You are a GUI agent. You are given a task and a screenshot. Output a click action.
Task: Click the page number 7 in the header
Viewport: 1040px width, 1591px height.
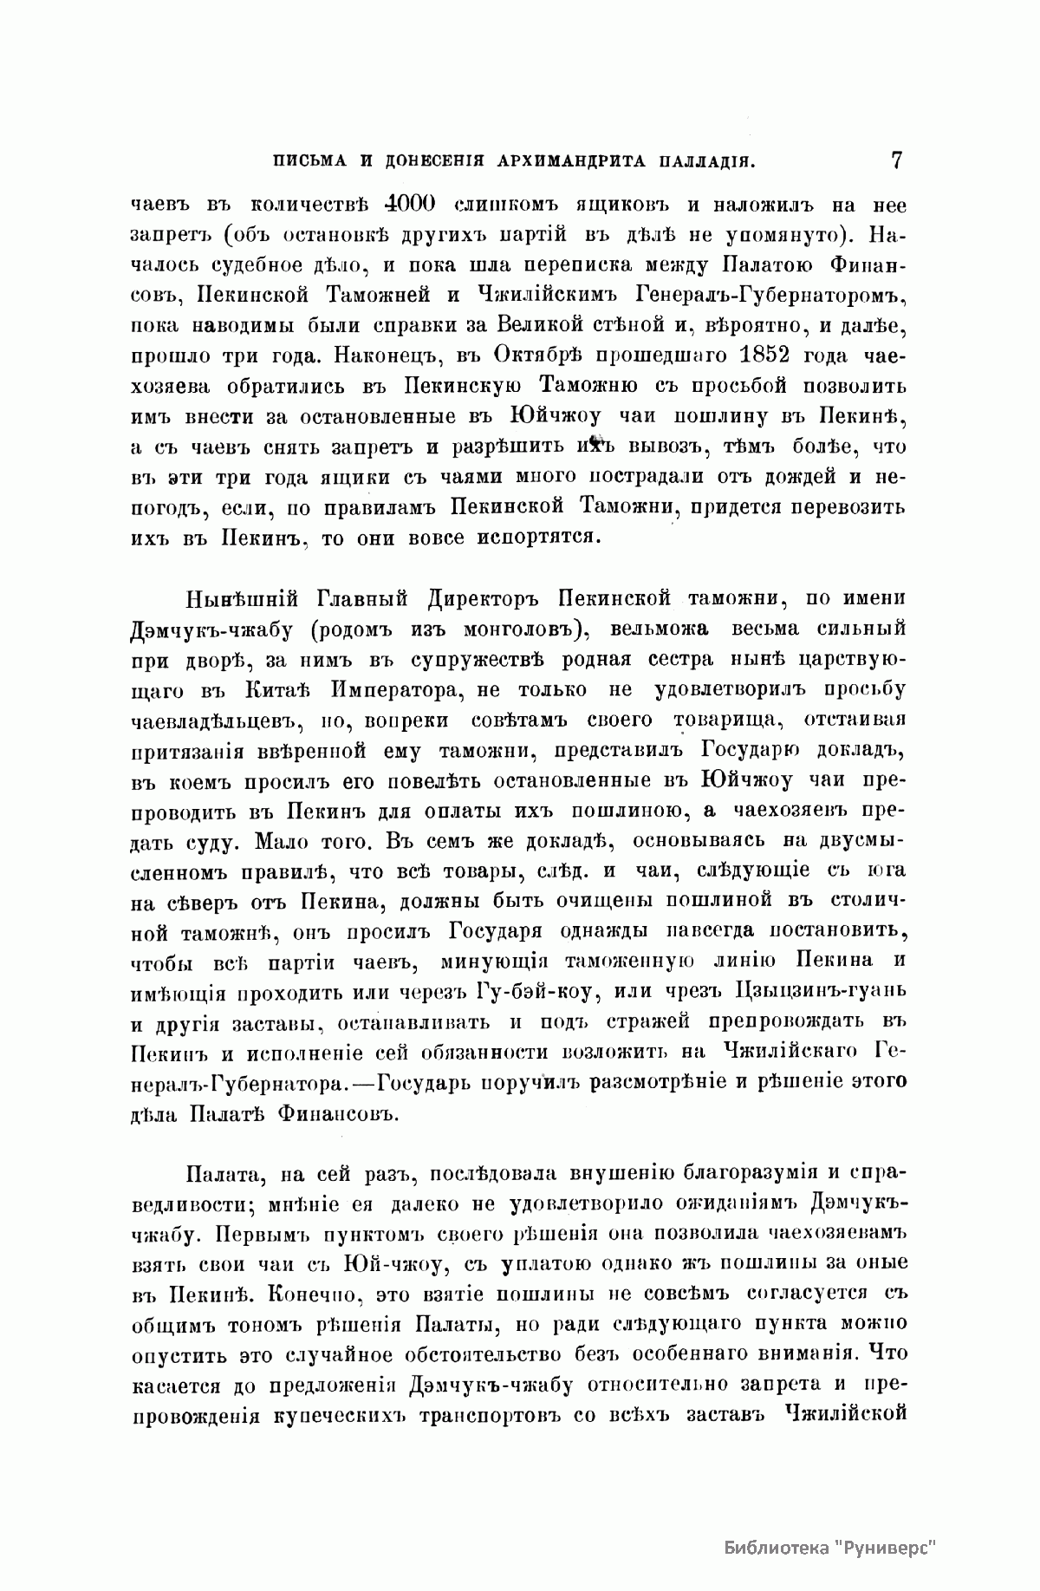pos(895,160)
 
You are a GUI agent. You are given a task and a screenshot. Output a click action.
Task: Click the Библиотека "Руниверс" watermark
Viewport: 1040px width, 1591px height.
pos(831,1548)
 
